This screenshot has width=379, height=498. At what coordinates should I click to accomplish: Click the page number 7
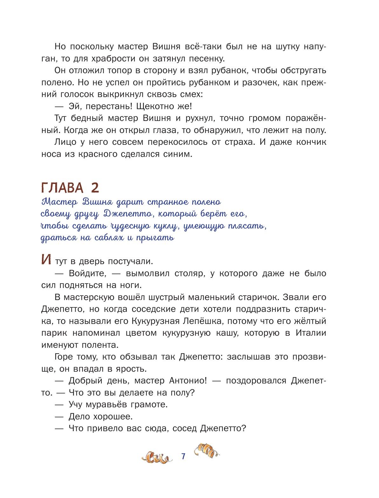(x=183, y=456)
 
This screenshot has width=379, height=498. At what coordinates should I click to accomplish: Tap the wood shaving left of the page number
(x=157, y=458)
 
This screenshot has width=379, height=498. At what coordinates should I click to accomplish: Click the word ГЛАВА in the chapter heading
(x=62, y=188)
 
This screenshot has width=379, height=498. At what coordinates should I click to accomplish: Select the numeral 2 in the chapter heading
(x=95, y=188)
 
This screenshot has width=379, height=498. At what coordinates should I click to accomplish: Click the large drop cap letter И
(x=46, y=260)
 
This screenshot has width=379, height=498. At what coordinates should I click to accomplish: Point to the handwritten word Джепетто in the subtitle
(x=128, y=214)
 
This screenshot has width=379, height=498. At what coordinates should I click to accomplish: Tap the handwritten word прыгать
(x=155, y=238)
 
